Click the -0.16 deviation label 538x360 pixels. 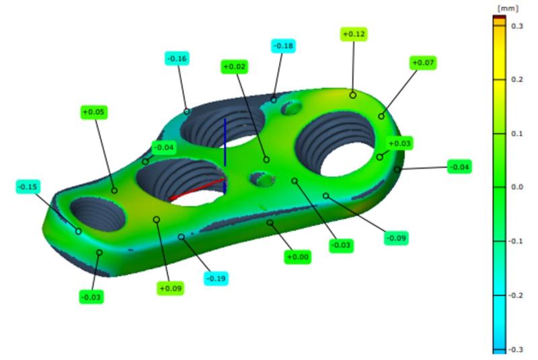tap(177, 59)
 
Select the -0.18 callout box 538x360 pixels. tap(283, 46)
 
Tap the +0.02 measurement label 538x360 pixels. tap(235, 67)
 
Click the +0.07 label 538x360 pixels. tap(423, 63)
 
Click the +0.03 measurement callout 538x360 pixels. tap(399, 143)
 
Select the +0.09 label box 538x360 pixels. tap(171, 288)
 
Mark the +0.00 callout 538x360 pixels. tap(297, 256)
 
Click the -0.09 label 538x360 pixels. tap(396, 238)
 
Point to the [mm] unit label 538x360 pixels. tap(502, 7)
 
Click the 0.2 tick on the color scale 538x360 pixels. tap(516, 79)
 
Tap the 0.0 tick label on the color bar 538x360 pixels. tap(516, 187)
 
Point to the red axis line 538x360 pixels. tap(196, 188)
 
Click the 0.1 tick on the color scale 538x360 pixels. tap(516, 133)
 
